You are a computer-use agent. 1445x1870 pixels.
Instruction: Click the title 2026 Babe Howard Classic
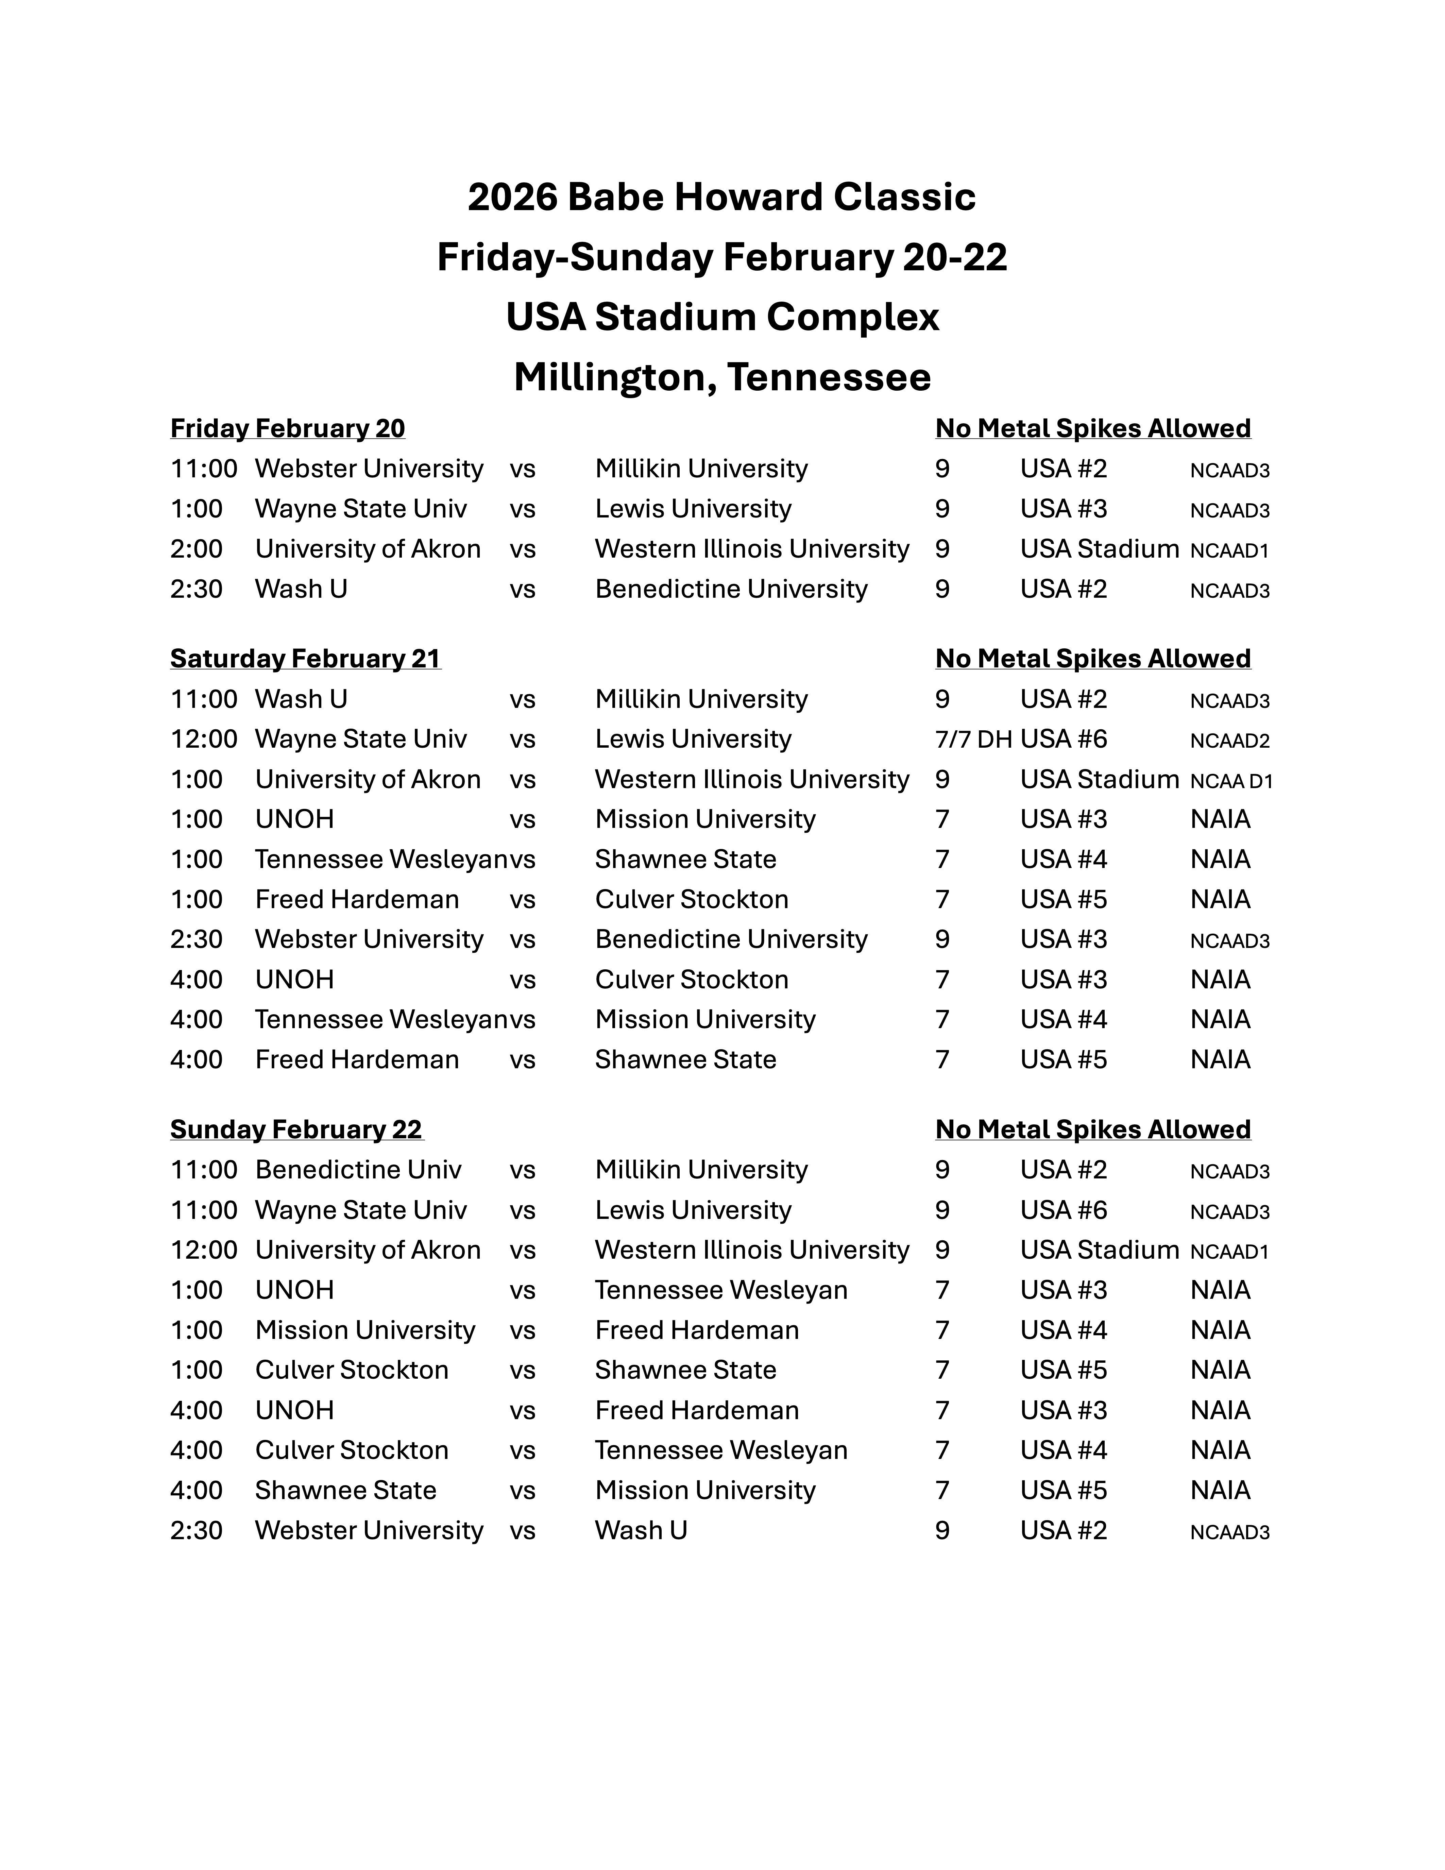tap(721, 197)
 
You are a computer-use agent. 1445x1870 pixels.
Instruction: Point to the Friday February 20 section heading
tap(288, 428)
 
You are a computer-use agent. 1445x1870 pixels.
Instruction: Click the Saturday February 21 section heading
tap(306, 659)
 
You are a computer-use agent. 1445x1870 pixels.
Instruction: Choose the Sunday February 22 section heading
tap(296, 1129)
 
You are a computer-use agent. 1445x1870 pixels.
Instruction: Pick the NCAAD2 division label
tap(1229, 741)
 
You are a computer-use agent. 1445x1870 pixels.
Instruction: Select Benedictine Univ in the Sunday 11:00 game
tap(358, 1170)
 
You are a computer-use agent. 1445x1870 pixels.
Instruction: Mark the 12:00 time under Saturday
tap(204, 739)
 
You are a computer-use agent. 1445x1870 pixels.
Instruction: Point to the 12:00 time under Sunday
tap(204, 1250)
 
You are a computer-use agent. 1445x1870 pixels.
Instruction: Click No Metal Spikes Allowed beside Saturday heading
tap(1092, 659)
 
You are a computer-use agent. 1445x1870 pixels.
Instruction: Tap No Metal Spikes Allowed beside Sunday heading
tap(1092, 1129)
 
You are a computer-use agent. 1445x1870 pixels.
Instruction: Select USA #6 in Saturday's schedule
tap(1063, 739)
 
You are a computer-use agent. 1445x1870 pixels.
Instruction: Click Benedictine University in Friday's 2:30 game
tap(731, 589)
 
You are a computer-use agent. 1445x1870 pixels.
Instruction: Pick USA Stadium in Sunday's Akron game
tap(1099, 1250)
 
